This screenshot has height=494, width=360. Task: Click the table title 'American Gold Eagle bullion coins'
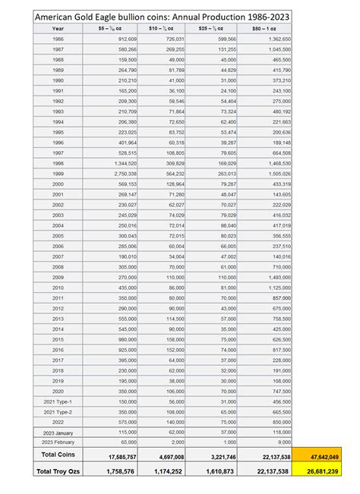coord(153,16)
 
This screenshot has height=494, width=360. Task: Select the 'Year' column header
coord(58,27)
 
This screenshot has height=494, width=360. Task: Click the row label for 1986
coord(58,38)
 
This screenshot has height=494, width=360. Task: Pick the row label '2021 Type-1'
coord(58,401)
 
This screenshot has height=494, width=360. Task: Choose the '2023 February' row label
coord(58,442)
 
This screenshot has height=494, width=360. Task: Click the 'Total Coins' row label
coord(58,455)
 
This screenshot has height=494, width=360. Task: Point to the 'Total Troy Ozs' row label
coord(58,471)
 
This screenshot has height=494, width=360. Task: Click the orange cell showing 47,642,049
coord(325,456)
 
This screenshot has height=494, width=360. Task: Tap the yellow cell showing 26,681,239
coord(325,471)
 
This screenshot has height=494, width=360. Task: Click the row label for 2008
coord(58,267)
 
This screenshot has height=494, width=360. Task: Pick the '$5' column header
coord(111,27)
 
